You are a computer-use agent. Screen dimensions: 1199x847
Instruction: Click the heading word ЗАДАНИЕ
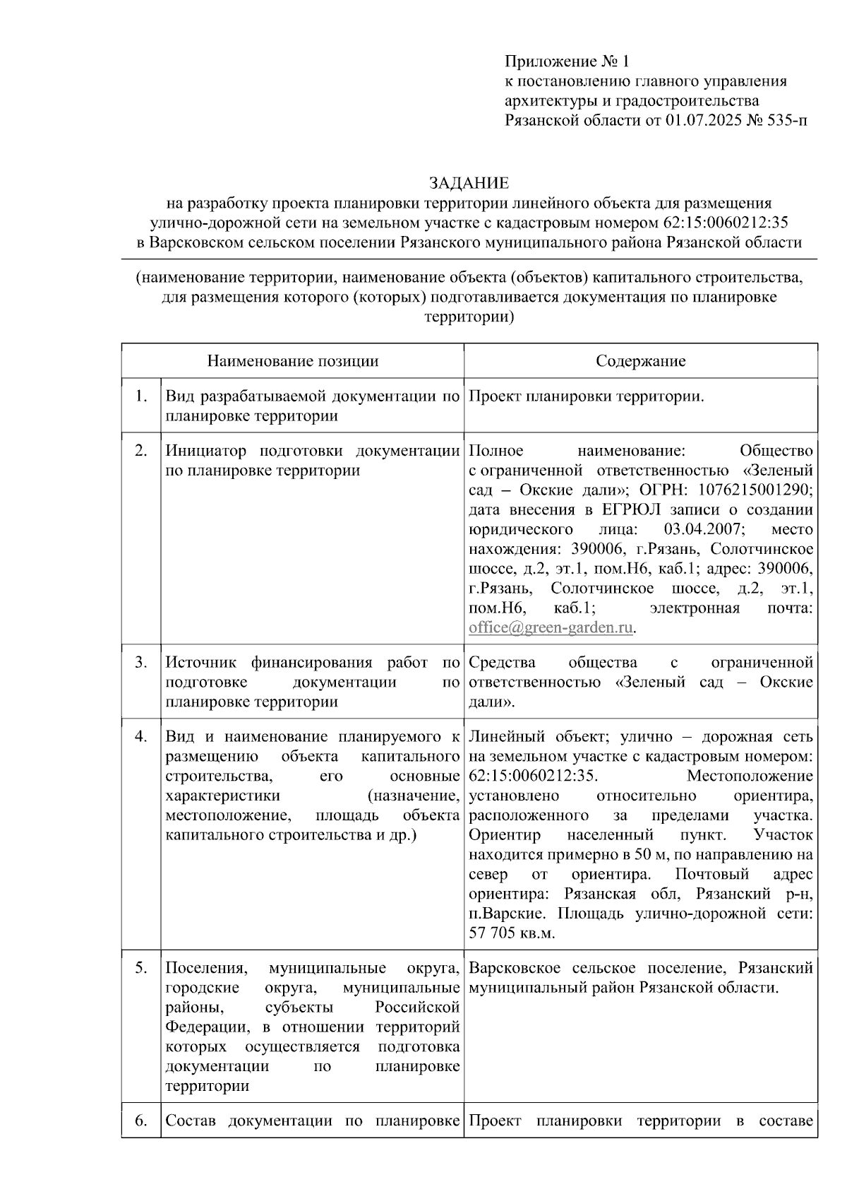tap(469, 184)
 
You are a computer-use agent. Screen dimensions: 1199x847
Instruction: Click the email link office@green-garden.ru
tap(551, 628)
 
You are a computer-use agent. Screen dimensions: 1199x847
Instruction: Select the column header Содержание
tap(640, 361)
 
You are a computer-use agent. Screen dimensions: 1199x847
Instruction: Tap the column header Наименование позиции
tap(292, 361)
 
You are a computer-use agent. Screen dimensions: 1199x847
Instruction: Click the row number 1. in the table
tap(141, 396)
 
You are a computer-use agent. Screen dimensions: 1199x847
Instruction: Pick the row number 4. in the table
tap(141, 737)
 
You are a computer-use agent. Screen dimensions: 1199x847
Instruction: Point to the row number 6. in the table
tap(141, 1121)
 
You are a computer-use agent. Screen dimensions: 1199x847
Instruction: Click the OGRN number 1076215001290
tap(755, 490)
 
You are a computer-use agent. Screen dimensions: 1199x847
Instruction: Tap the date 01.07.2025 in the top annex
tap(703, 121)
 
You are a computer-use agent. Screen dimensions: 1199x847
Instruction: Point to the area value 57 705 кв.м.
tap(512, 933)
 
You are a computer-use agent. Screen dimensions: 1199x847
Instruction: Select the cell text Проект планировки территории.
tap(586, 396)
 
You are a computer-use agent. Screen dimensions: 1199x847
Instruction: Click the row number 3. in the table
tap(141, 663)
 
